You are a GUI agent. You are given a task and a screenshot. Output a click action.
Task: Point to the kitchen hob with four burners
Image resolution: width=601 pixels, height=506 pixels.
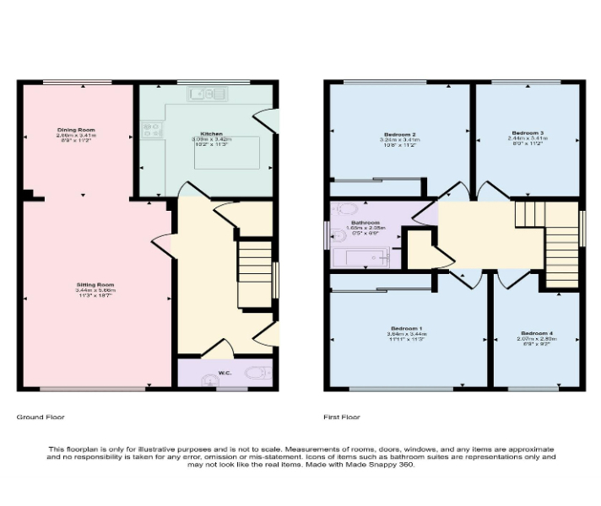click(152, 130)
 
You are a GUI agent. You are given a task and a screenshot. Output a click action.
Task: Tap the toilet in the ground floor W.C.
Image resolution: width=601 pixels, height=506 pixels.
click(255, 372)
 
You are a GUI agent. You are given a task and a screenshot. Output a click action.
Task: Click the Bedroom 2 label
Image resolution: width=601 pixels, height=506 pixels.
click(399, 135)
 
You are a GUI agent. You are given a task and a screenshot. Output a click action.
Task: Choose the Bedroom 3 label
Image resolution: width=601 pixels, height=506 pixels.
click(528, 133)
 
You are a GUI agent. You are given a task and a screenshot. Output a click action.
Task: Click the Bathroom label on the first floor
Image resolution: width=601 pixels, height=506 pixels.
click(365, 223)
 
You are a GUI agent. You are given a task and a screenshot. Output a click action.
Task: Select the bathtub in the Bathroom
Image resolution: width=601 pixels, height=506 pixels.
click(365, 257)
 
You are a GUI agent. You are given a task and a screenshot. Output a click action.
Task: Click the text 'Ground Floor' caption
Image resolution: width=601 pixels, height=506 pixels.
click(41, 417)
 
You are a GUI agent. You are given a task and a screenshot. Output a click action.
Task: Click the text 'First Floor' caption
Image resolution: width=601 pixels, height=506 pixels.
click(342, 417)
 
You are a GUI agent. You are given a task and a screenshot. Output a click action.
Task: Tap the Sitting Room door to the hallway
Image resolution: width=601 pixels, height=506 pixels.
click(162, 242)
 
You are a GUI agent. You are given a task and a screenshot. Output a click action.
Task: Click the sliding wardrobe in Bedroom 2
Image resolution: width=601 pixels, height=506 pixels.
click(376, 179)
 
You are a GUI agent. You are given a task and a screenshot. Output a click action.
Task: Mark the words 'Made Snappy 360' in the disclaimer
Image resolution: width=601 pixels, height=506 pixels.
click(389, 465)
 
